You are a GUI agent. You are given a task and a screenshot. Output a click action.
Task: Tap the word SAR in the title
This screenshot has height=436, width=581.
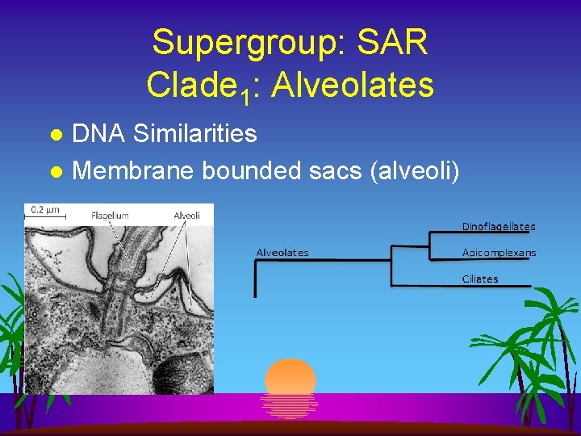click(x=397, y=43)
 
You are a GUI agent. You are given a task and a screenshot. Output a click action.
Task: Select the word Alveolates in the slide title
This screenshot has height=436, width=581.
click(x=353, y=83)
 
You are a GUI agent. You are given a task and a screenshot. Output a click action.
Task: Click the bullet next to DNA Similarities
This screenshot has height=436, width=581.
click(x=56, y=134)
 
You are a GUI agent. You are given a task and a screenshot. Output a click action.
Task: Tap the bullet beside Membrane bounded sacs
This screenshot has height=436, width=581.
click(x=56, y=171)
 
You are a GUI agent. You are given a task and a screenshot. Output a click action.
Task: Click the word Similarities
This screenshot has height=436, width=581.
click(x=195, y=133)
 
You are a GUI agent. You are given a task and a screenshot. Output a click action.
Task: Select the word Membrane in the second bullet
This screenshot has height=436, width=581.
click(x=134, y=170)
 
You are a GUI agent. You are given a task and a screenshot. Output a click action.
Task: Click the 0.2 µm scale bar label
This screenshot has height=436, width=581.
click(x=44, y=211)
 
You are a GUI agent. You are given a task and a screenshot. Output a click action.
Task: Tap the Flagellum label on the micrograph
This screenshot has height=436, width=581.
click(x=110, y=216)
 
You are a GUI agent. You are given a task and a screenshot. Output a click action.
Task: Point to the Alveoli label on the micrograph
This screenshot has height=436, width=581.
click(x=186, y=216)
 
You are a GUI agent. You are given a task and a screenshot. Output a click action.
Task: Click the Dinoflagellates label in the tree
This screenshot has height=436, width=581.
click(x=498, y=227)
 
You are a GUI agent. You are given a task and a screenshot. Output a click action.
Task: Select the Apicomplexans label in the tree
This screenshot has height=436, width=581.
click(x=499, y=253)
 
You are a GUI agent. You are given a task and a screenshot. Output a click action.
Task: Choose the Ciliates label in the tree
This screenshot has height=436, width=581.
click(x=480, y=279)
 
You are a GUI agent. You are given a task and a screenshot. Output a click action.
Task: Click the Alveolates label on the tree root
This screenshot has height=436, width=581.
click(x=282, y=253)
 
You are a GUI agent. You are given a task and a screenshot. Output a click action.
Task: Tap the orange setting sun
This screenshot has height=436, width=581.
click(x=290, y=377)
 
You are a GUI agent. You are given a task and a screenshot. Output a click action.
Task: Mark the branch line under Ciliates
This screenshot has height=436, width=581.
click(x=461, y=286)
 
